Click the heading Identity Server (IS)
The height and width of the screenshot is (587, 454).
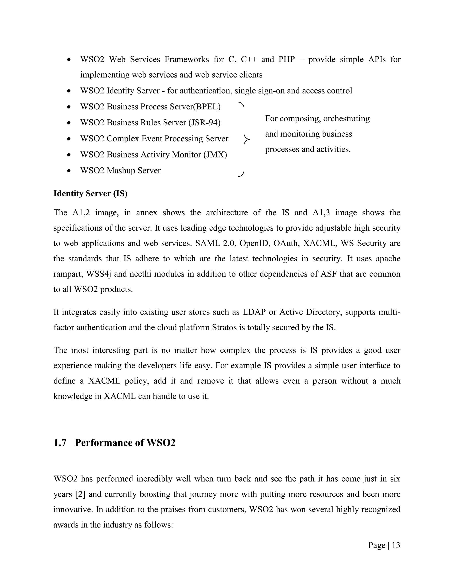click(90, 194)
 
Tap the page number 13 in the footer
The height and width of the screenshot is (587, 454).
click(396, 545)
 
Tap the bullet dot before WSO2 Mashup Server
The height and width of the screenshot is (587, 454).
click(69, 171)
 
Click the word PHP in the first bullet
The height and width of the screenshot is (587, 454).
click(287, 59)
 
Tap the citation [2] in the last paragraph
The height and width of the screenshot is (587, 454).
click(80, 494)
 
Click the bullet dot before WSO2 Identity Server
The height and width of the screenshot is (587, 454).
click(69, 91)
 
